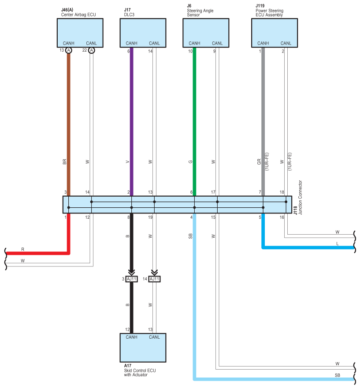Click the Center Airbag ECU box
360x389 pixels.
pyautogui.click(x=80, y=33)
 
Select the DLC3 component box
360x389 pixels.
pyautogui.click(x=143, y=33)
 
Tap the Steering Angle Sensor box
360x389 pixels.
pyautogui.click(x=206, y=33)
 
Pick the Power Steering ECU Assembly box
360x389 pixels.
pyautogui.click(x=275, y=33)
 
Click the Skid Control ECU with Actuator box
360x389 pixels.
pyautogui.click(x=143, y=348)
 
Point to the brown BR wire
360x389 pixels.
pyautogui.click(x=69, y=124)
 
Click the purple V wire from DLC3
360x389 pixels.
pyautogui.click(x=132, y=122)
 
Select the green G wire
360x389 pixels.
pyautogui.click(x=194, y=122)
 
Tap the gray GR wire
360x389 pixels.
pyautogui.click(x=263, y=122)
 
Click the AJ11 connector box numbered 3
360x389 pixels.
pyautogui.click(x=132, y=279)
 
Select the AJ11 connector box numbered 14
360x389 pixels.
pyautogui.click(x=155, y=279)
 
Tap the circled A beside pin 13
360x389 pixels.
pyautogui.click(x=69, y=50)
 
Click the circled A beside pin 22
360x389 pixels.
pyautogui.click(x=92, y=50)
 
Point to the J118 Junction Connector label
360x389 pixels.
pyautogui.click(x=298, y=198)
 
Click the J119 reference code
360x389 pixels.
pyautogui.click(x=260, y=6)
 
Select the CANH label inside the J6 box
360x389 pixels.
pyautogui.click(x=194, y=43)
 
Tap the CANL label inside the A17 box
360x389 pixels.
pyautogui.click(x=154, y=337)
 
